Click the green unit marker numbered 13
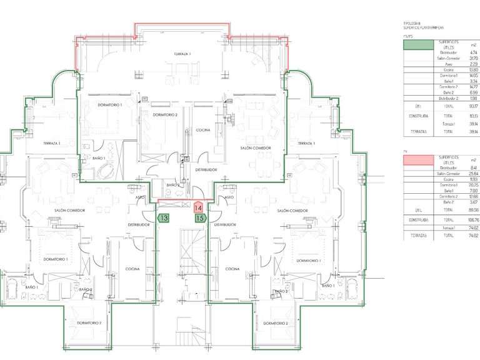[x=164, y=218]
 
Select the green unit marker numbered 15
[x=200, y=218]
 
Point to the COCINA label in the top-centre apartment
[x=202, y=130]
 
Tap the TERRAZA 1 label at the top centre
[x=182, y=55]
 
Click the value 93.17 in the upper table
[x=456, y=106]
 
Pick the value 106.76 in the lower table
[x=456, y=219]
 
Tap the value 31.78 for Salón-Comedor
[x=456, y=58]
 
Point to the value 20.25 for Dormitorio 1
[x=456, y=185]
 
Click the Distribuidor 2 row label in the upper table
[x=446, y=97]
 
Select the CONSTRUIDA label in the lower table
[x=418, y=219]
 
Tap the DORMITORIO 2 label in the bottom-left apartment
[x=90, y=322]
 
